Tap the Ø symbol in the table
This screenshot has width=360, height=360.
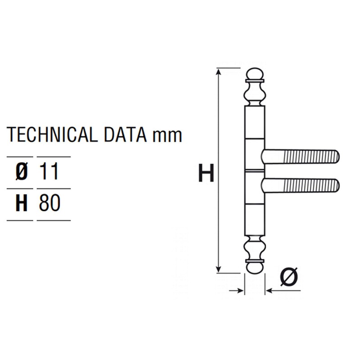click(21, 172)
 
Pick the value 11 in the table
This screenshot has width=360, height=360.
click(49, 172)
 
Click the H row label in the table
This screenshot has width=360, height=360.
click(21, 204)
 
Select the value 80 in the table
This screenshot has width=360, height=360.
click(49, 204)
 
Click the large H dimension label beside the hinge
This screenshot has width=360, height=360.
click(206, 174)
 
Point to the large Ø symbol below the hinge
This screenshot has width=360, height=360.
click(288, 276)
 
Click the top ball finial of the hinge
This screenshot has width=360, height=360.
click(255, 74)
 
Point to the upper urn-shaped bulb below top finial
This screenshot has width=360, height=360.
click(255, 94)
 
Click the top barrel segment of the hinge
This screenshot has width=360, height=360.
click(255, 122)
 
